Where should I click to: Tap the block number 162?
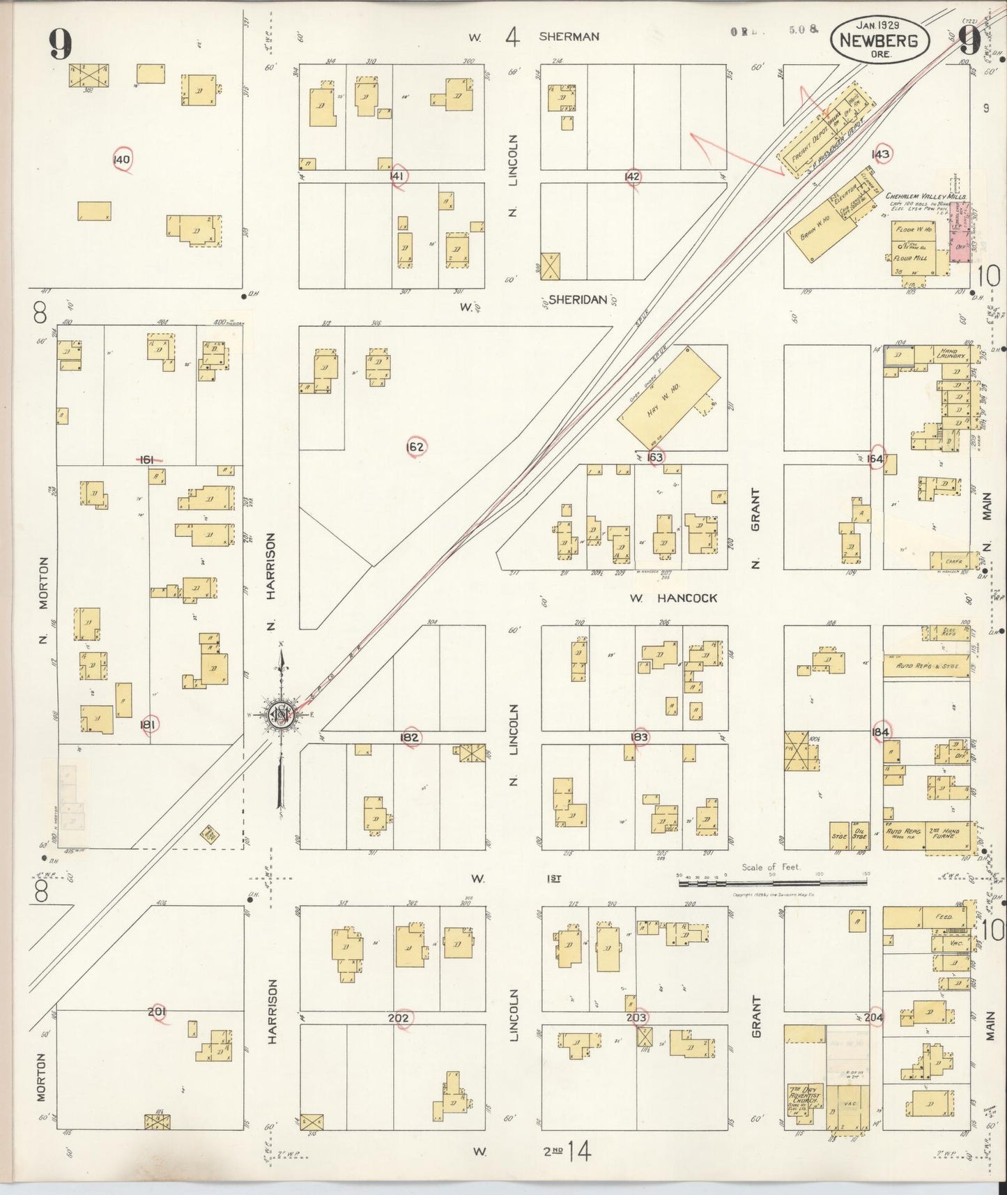[415, 446]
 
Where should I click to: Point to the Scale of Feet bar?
[772, 883]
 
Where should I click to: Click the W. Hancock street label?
[673, 598]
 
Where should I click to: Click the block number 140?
[122, 160]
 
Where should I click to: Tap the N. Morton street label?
[45, 600]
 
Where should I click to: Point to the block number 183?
[639, 737]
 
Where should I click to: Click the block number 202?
[399, 1018]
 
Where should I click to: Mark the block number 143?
[881, 154]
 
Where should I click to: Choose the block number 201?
[157, 1011]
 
